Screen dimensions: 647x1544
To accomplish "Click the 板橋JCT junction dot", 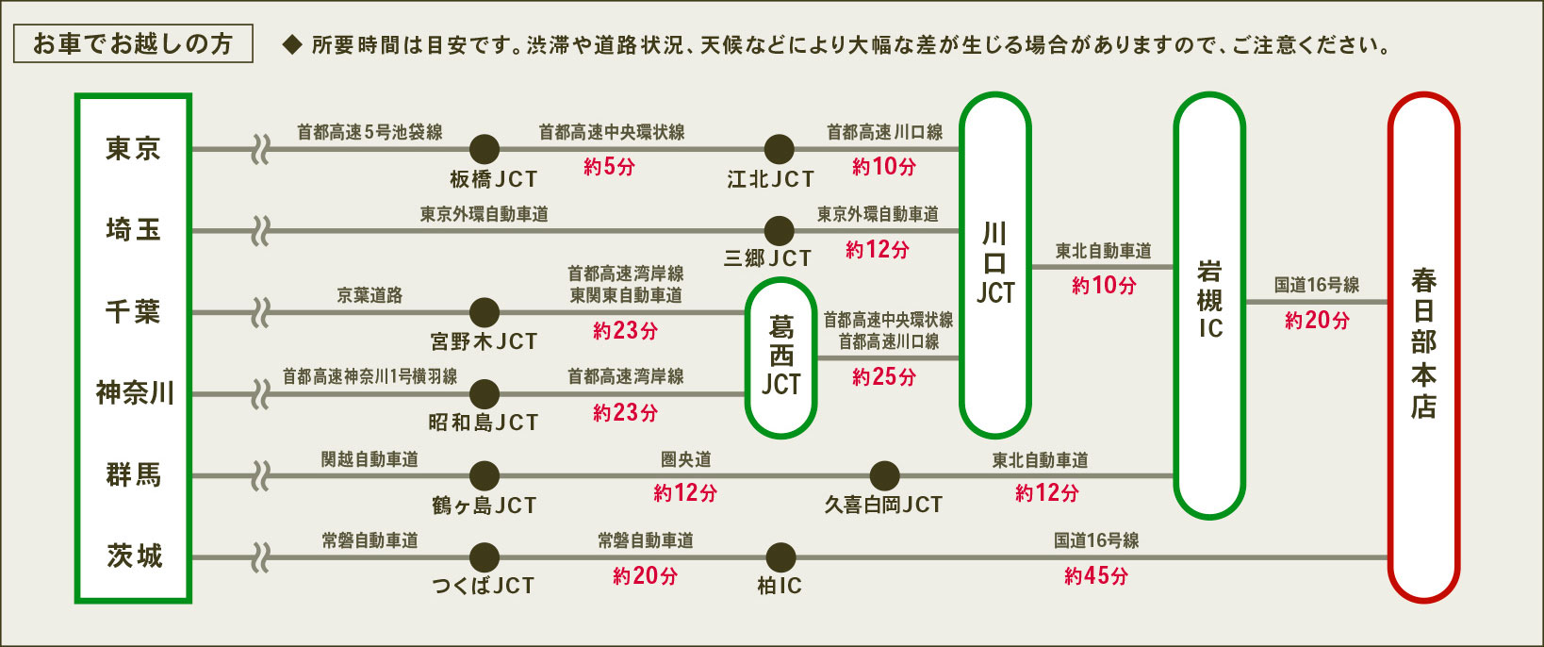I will [485, 149].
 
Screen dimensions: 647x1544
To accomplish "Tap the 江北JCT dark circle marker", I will [779, 149].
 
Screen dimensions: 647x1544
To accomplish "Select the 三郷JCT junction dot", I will [779, 230].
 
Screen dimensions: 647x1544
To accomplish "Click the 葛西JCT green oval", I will [780, 357].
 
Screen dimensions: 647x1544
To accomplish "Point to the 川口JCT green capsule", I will [994, 264].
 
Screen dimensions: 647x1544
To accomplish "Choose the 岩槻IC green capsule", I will [1209, 304].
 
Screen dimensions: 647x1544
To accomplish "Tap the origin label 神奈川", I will [135, 392].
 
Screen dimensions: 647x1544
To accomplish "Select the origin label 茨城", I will [135, 556].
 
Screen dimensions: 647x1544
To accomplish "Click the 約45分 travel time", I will [1095, 575].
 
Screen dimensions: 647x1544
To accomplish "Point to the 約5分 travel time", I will [608, 167].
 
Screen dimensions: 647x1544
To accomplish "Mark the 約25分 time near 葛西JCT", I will [883, 377].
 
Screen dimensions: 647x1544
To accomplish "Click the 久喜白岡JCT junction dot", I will [884, 475].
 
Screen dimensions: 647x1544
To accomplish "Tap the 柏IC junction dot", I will [780, 557].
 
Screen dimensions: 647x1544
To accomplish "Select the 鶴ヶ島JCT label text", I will [484, 506].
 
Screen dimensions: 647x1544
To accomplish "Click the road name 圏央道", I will [685, 459].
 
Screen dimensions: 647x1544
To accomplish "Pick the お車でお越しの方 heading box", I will [133, 44].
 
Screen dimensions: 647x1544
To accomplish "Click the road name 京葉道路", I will [370, 295].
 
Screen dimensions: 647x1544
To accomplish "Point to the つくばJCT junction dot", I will [485, 557].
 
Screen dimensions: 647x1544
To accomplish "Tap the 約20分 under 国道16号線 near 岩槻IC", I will [1316, 321].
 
